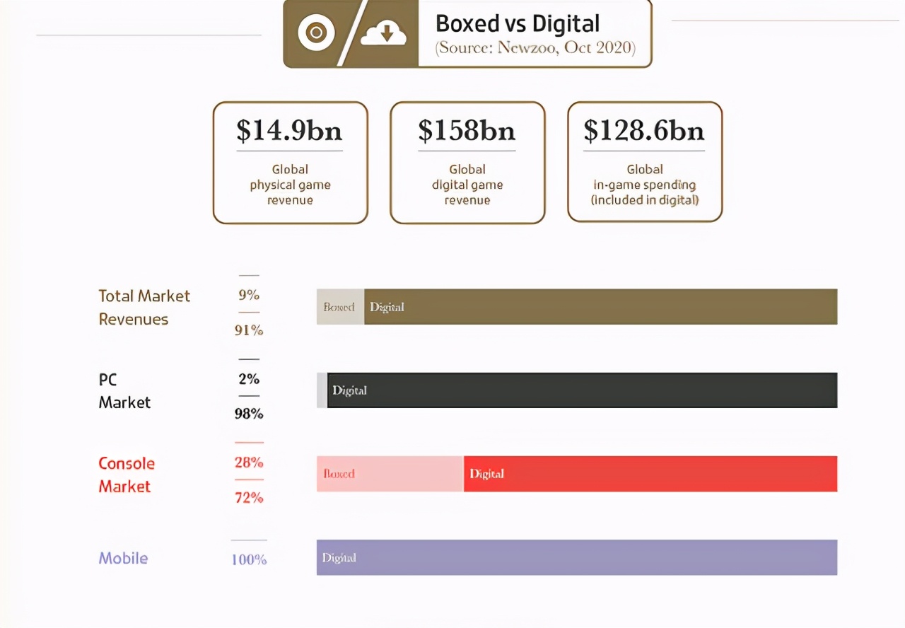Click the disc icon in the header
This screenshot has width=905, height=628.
pyautogui.click(x=315, y=33)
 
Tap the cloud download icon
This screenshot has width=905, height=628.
pyautogui.click(x=383, y=33)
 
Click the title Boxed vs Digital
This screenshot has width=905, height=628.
pyautogui.click(x=518, y=23)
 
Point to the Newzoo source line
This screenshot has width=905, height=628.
pyautogui.click(x=535, y=48)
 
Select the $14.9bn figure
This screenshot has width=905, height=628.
pyautogui.click(x=289, y=130)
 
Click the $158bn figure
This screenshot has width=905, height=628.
pyautogui.click(x=467, y=130)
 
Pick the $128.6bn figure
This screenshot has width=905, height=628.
pyautogui.click(x=644, y=130)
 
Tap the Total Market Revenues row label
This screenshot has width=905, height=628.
pyautogui.click(x=144, y=307)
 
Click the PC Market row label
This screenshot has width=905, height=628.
pyautogui.click(x=124, y=390)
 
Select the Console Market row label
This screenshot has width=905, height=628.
pyautogui.click(x=127, y=475)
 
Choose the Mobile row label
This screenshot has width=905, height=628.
pyautogui.click(x=123, y=558)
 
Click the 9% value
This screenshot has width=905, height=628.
pyautogui.click(x=249, y=295)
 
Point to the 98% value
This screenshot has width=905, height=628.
pyautogui.click(x=249, y=414)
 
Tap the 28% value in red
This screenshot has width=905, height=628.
pyautogui.click(x=249, y=463)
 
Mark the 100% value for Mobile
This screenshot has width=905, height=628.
pyautogui.click(x=249, y=559)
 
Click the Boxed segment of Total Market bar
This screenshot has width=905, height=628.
pyautogui.click(x=340, y=307)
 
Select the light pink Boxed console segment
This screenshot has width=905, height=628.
pyautogui.click(x=390, y=474)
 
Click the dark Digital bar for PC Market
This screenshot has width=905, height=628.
pyautogui.click(x=582, y=390)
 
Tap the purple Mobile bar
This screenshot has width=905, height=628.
pyautogui.click(x=577, y=557)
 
